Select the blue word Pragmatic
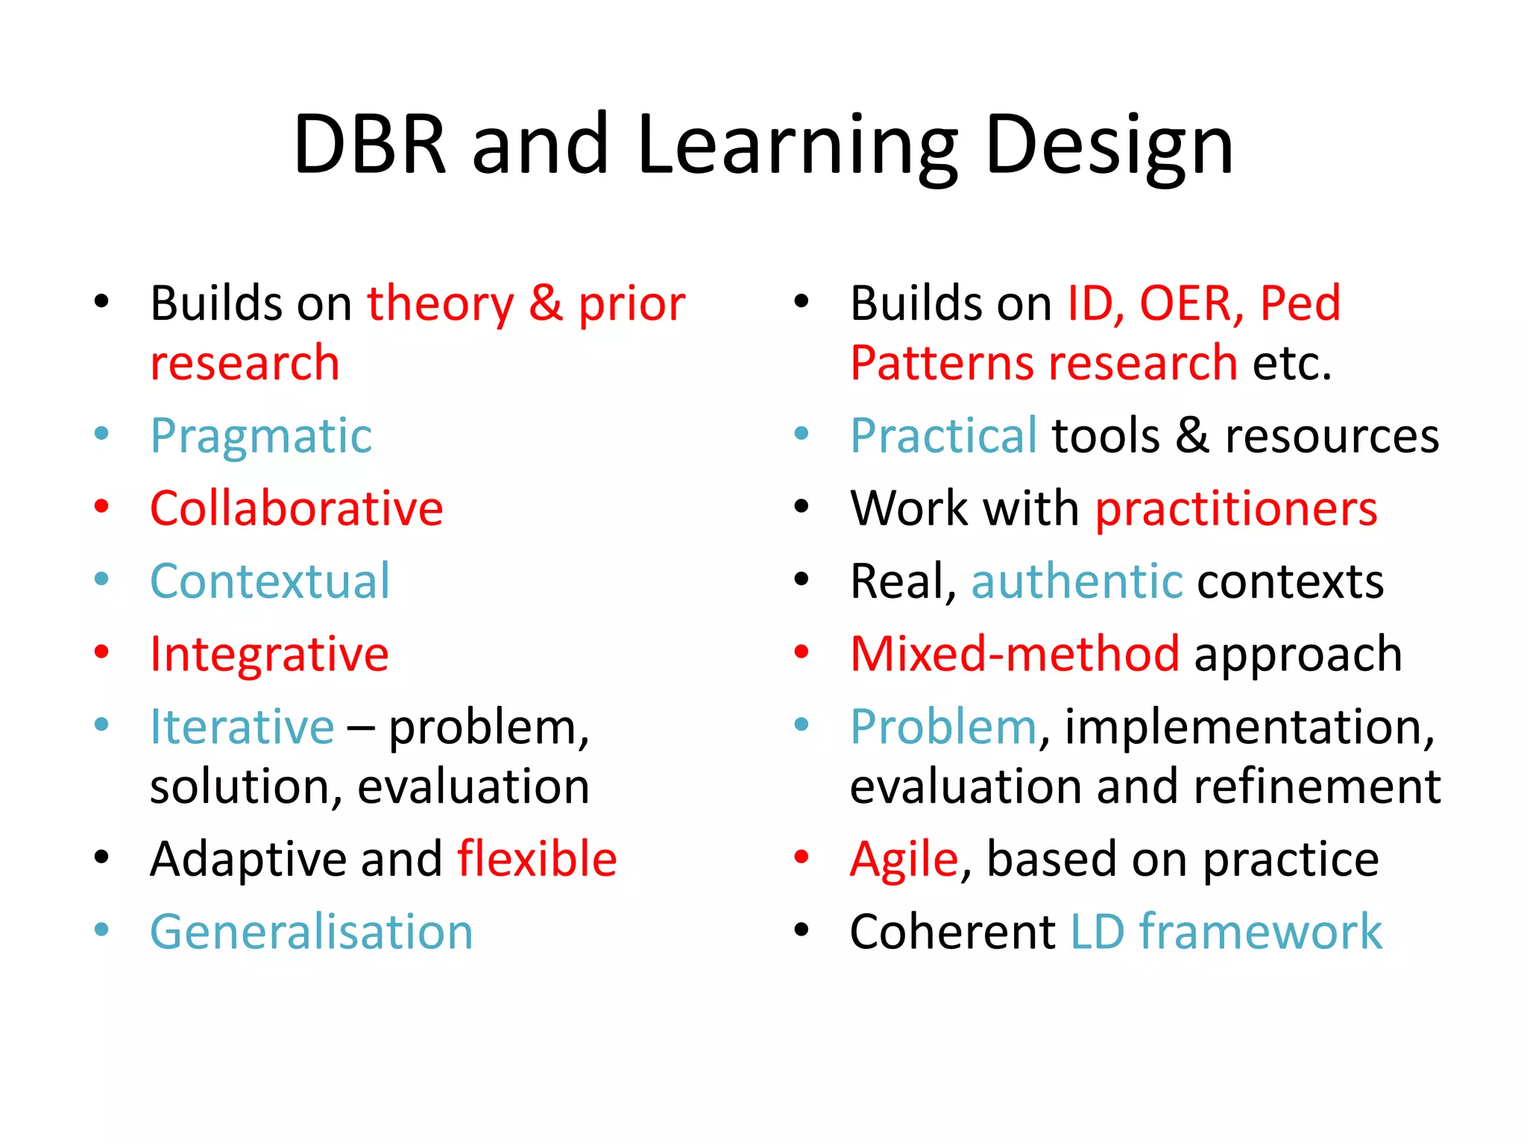pyautogui.click(x=261, y=436)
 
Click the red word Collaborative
pyautogui.click(x=297, y=509)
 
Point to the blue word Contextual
pyautogui.click(x=270, y=581)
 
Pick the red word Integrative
pyautogui.click(x=269, y=654)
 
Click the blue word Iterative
pyautogui.click(x=242, y=727)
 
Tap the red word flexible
pyautogui.click(x=537, y=859)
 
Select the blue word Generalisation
pyautogui.click(x=312, y=932)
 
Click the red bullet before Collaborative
pyautogui.click(x=102, y=506)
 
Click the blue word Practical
pyautogui.click(x=943, y=436)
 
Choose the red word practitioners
pyautogui.click(x=1235, y=509)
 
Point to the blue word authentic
pyautogui.click(x=1077, y=581)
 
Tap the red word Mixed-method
pyautogui.click(x=1015, y=654)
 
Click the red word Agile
pyautogui.click(x=904, y=859)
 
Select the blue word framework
pyautogui.click(x=1260, y=932)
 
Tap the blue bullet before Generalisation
pyautogui.click(x=102, y=930)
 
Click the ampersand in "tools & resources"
pyautogui.click(x=1192, y=436)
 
